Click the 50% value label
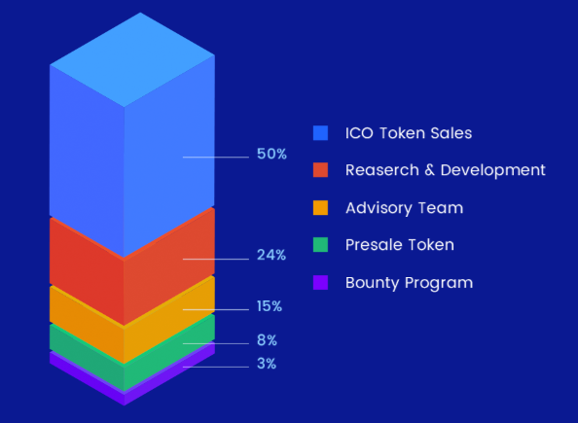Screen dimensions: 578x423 (x=271, y=154)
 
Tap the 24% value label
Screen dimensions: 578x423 (x=271, y=255)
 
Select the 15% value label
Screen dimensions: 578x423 (x=270, y=306)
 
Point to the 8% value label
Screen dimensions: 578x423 (x=267, y=340)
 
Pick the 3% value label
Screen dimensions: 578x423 (x=267, y=364)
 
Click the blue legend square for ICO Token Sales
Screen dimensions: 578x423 (x=320, y=133)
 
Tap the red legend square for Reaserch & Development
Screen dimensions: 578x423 (x=320, y=170)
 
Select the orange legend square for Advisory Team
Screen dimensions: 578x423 (x=320, y=208)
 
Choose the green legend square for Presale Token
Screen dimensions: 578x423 (x=320, y=245)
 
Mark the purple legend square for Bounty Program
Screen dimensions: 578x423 (x=320, y=283)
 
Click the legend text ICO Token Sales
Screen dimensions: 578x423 (x=409, y=133)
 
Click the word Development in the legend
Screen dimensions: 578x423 (x=492, y=170)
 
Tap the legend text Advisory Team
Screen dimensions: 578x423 (x=405, y=208)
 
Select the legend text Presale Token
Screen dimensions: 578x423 (x=400, y=245)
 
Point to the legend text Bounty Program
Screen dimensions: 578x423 (x=409, y=283)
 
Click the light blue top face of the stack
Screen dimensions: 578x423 (x=132, y=59)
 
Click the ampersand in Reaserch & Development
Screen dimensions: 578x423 (x=430, y=170)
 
